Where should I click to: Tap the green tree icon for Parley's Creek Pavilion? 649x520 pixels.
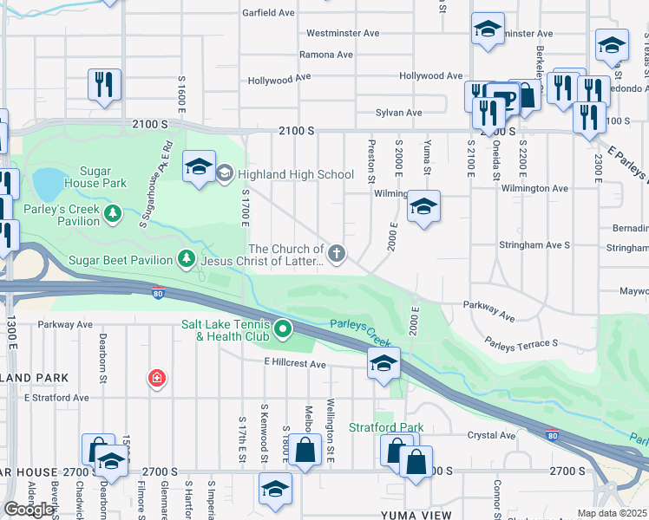[x=112, y=213]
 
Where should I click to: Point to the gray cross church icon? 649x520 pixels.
[x=337, y=254]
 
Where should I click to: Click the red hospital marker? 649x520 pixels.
[x=156, y=379]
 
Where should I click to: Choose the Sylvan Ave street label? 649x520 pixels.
[x=398, y=113]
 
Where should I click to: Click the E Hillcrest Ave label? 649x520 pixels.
[x=295, y=365]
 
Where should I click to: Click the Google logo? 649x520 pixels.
[x=29, y=510]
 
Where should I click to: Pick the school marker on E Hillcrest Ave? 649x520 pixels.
[x=383, y=364]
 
